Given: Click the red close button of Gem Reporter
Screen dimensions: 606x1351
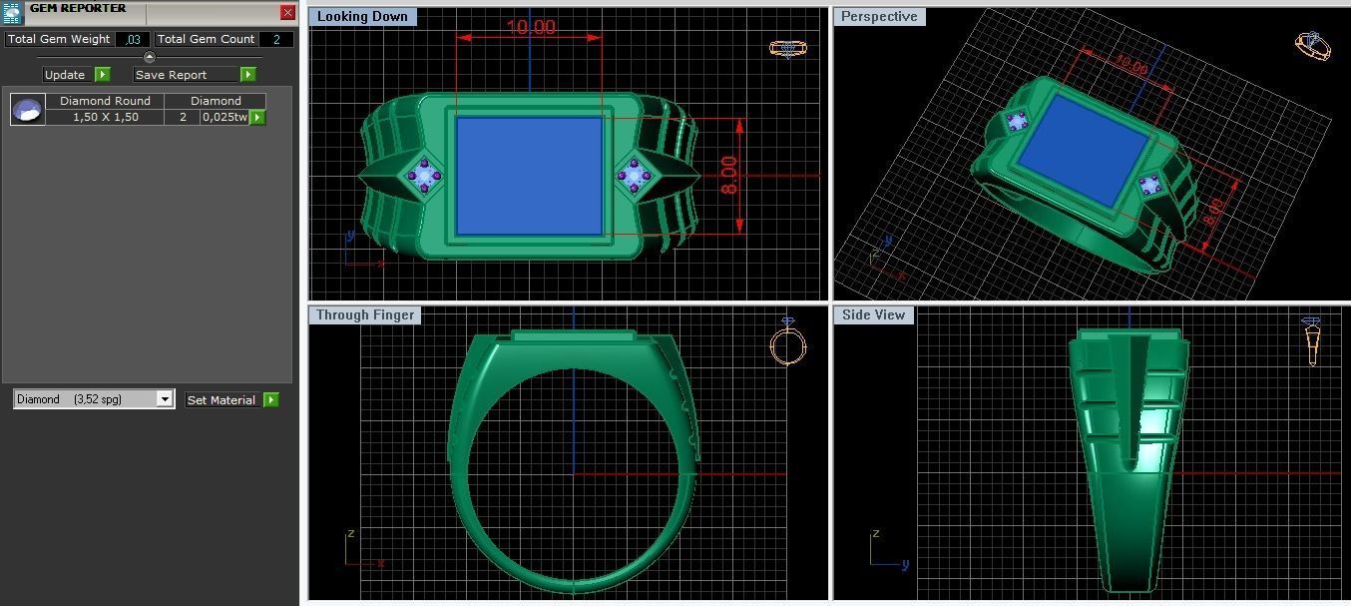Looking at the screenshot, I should (287, 13).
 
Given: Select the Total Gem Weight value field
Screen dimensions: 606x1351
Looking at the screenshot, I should (133, 39).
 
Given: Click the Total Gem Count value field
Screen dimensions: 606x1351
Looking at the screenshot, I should (275, 39).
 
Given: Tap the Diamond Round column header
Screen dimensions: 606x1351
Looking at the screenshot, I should (105, 101).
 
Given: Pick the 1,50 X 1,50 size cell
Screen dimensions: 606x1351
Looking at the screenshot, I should (105, 117).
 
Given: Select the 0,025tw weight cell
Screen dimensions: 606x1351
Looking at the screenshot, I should (225, 117).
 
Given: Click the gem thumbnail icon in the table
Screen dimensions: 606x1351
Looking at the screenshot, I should (28, 109).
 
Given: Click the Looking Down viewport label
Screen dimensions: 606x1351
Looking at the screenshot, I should (362, 17).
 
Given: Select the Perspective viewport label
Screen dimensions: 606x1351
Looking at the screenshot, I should (879, 17).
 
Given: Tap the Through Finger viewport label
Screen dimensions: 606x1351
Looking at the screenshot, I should (364, 314).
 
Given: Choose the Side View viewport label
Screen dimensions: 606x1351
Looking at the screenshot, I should (873, 314).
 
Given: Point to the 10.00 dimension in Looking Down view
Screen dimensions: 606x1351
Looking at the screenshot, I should (530, 27).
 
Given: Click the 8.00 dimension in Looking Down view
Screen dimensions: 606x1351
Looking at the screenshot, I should (729, 176).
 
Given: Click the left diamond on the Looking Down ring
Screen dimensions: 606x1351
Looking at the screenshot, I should (424, 177).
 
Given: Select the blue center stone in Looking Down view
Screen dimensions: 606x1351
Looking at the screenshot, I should (529, 176).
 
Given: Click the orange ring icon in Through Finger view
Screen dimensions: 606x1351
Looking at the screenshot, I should (787, 344).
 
